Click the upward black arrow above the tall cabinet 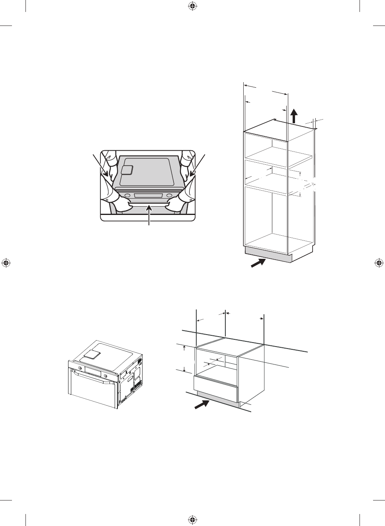click(294, 116)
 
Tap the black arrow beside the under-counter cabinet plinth click(202, 407)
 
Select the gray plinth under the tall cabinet click(268, 254)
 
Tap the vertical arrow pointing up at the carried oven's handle click(150, 215)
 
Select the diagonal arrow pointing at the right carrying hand click(197, 165)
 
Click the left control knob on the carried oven click(127, 195)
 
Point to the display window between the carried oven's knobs click(148, 195)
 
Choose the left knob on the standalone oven click(80, 368)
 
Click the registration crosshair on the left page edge click(6, 263)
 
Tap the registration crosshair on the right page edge click(379, 263)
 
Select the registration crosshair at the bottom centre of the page click(192, 520)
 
